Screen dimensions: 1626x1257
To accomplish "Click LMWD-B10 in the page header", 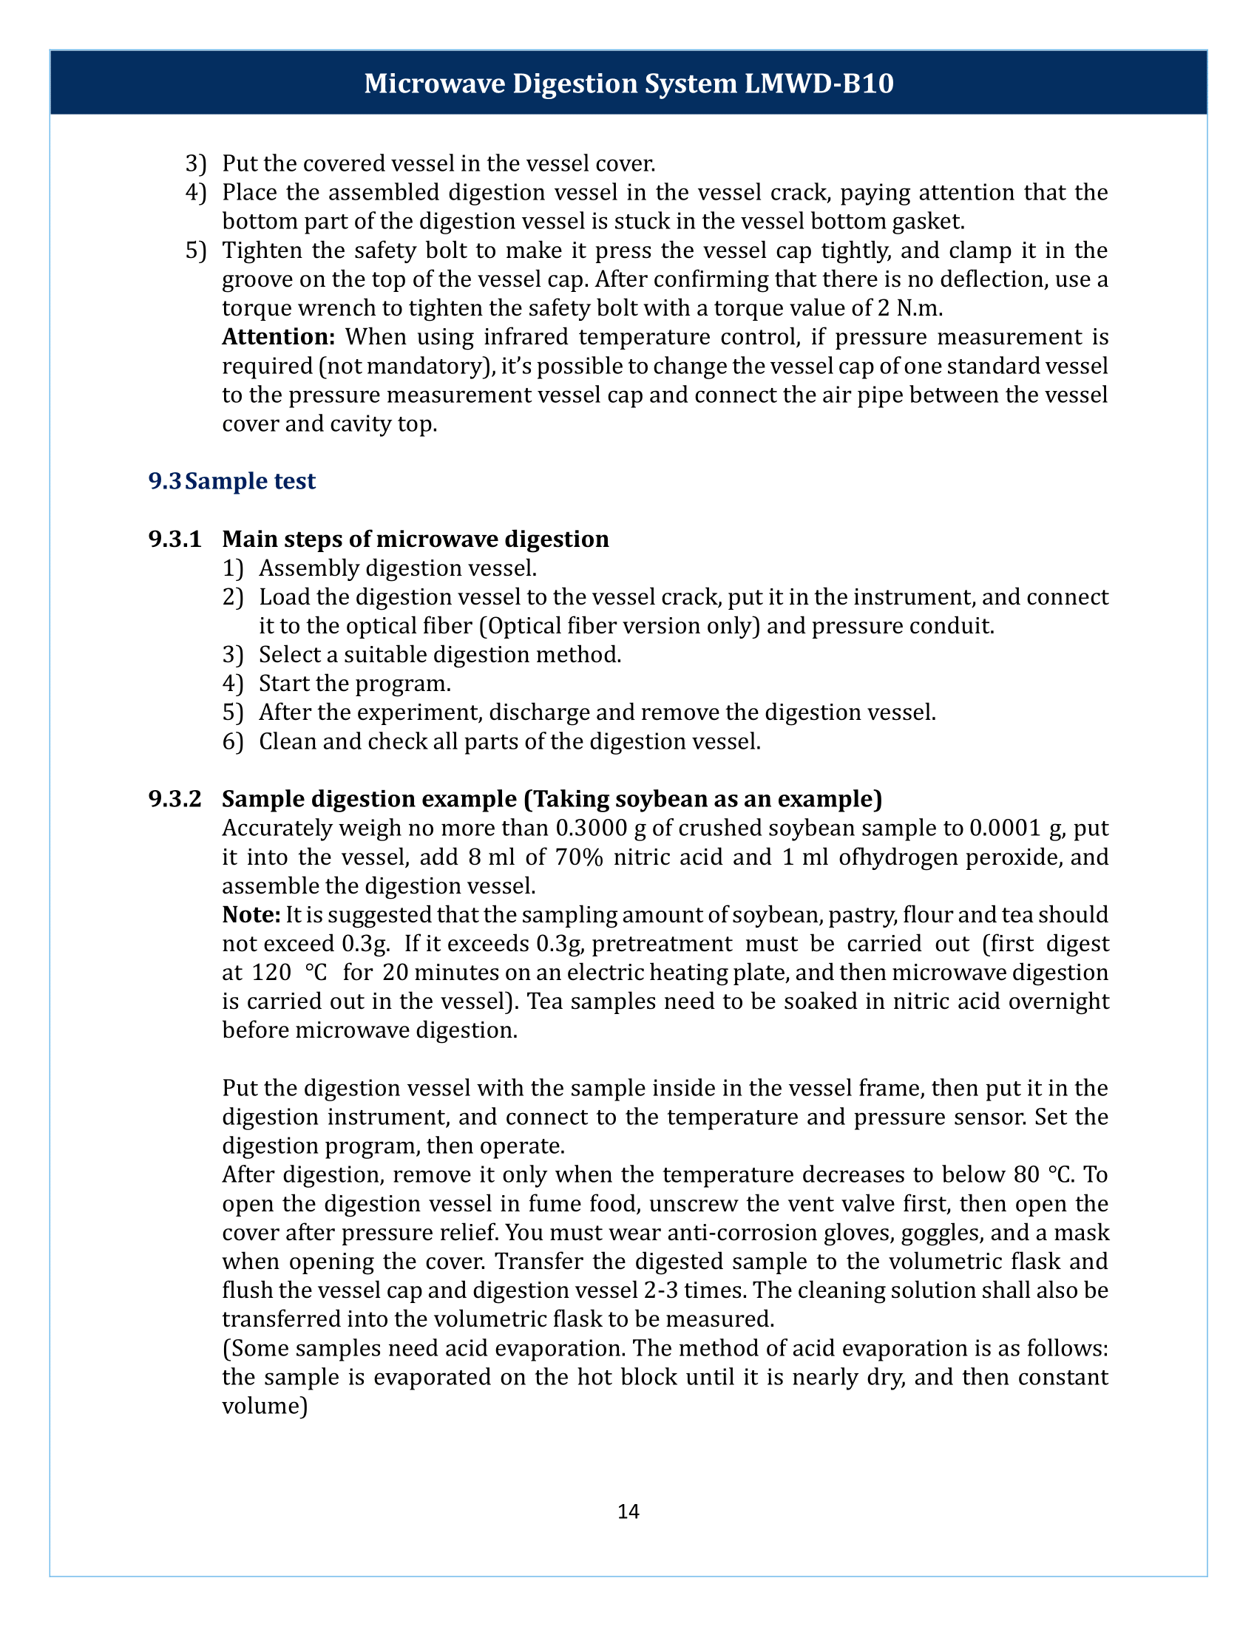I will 819,84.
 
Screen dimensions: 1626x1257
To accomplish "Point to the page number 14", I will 628,1511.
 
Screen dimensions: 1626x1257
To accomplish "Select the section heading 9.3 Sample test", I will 231,481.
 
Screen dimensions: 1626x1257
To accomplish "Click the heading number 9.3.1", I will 175,539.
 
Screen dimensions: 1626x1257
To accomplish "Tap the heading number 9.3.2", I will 175,799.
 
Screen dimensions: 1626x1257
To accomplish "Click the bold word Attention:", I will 279,337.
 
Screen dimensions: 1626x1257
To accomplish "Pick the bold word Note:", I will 251,915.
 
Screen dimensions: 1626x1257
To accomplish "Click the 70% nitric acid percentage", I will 579,857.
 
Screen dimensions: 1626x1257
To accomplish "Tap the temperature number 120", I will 270,973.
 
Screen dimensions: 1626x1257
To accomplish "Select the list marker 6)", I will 232,741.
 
